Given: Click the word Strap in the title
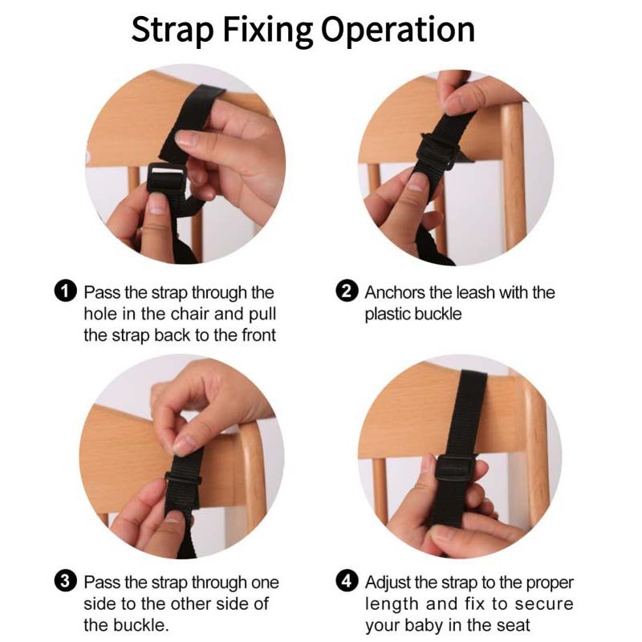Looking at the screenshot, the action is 173,30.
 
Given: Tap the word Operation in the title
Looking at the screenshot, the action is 398,30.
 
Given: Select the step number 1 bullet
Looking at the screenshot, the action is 66,291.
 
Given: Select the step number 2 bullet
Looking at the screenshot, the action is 347,291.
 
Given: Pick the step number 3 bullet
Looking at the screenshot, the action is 66,581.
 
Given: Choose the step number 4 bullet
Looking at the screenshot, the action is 347,581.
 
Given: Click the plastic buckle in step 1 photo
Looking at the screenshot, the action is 167,177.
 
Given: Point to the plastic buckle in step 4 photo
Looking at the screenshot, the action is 455,469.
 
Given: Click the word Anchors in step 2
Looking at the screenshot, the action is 395,292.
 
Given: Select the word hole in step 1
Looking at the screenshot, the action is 101,314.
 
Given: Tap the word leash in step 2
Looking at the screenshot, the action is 475,292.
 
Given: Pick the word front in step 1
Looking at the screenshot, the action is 258,335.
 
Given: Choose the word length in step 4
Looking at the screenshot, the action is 391,603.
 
